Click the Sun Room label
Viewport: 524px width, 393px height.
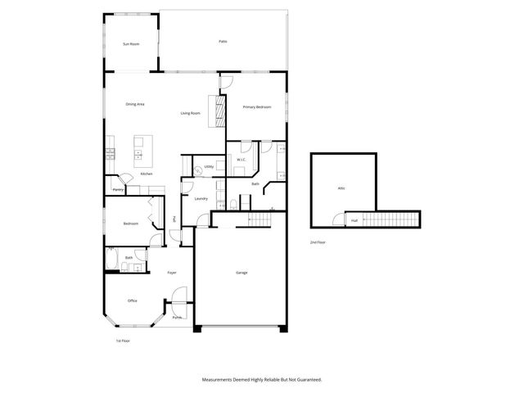[x=130, y=43]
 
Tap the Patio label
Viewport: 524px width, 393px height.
[x=222, y=41]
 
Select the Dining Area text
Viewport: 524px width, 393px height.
[x=135, y=104]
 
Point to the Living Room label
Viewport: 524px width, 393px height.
[x=190, y=113]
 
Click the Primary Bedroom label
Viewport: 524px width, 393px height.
[x=256, y=107]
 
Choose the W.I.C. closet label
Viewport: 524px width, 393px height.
[x=242, y=158]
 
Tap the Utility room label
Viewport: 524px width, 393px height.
[x=209, y=165]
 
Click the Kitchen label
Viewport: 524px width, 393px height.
[x=147, y=174]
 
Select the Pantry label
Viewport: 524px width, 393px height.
[x=118, y=191]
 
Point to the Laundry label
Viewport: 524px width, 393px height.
[x=201, y=198]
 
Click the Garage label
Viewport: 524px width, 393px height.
[x=242, y=273]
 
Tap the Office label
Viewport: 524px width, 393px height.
[x=132, y=300]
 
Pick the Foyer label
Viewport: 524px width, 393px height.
[x=172, y=273]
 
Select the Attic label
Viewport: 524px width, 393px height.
[x=341, y=188]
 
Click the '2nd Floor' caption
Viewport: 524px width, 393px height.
[x=317, y=243]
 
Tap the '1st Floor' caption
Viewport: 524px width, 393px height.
[x=123, y=340]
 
